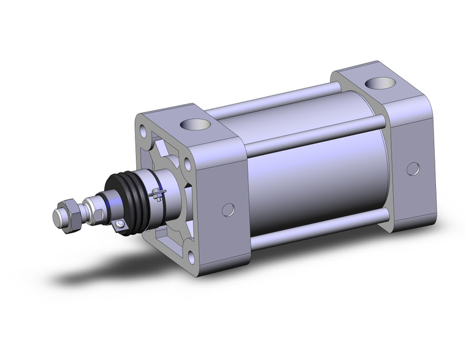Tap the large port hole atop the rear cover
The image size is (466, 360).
[x=374, y=83]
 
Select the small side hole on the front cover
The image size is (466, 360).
[x=228, y=210]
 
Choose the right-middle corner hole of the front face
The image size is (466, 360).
[x=187, y=164]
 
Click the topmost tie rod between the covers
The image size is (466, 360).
[x=276, y=98]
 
